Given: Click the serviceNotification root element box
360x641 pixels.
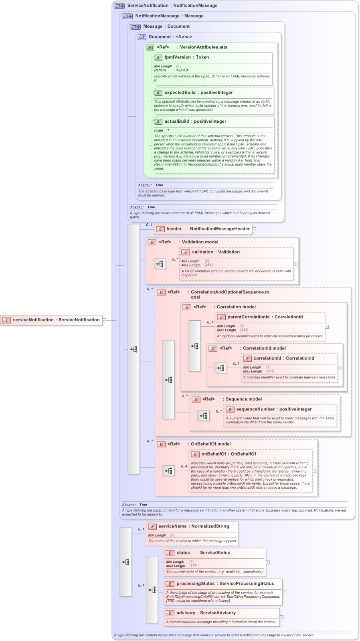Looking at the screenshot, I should coord(51,320).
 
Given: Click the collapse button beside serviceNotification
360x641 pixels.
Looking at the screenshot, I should coord(104,320).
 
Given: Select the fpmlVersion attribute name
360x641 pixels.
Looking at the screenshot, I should coord(177,57).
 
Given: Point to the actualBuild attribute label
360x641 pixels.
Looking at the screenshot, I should coord(176,121).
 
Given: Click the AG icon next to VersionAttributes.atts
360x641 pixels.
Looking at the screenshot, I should coord(150,47).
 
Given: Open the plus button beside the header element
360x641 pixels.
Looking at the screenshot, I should coord(254,229).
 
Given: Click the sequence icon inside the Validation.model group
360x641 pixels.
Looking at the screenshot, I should coord(160,264).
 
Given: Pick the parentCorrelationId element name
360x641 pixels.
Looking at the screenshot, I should coord(248,317).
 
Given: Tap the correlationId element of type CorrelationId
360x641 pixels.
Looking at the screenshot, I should coord(272,358).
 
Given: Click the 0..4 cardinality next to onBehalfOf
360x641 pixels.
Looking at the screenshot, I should coord(184,466).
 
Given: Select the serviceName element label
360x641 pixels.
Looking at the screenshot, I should coord(172,526).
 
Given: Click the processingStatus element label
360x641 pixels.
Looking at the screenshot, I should coord(196,584).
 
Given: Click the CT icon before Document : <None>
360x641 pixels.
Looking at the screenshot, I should coord(142,37).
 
